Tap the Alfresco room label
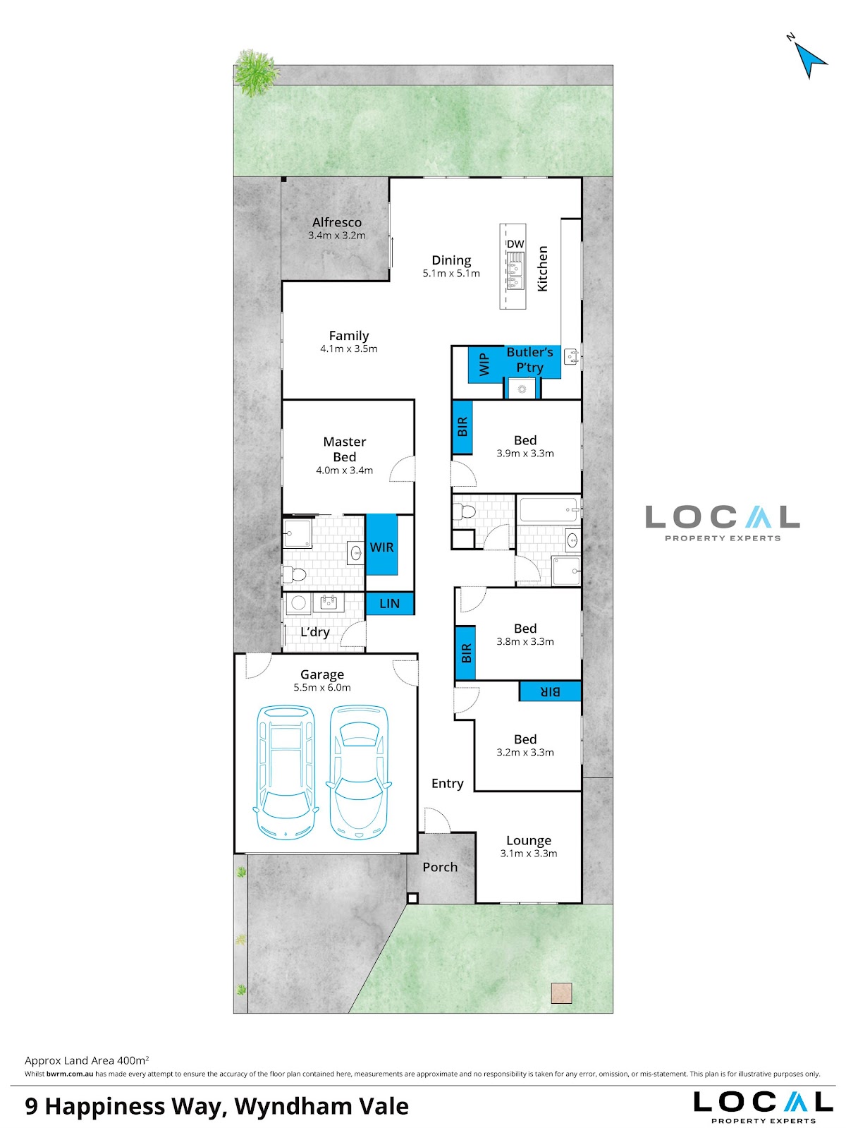pos(337,222)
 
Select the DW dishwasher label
pos(515,244)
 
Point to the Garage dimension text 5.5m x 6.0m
pos(322,688)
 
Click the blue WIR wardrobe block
pos(381,545)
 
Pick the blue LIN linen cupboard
pos(390,603)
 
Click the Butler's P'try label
pos(529,360)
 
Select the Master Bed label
pos(345,449)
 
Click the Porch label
pos(440,867)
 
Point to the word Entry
pos(447,783)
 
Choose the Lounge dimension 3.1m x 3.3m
pos(529,854)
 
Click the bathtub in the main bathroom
pos(548,510)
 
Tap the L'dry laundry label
pos(314,631)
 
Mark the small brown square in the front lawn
pos(561,993)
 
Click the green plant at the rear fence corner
pos(256,73)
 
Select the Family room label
pos(349,336)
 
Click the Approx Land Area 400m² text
pos(87,1060)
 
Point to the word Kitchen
pos(542,269)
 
